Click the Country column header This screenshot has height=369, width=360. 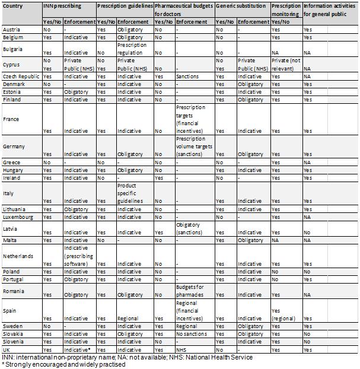pos(14,5)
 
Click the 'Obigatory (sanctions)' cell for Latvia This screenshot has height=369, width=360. pos(189,229)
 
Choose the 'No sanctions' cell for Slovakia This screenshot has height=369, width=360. pos(191,333)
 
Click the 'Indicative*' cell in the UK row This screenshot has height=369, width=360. pos(77,349)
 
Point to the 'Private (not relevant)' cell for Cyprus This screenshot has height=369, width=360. pos(286,64)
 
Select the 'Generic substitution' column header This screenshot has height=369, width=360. pos(241,5)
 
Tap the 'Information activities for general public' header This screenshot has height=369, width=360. pos(329,9)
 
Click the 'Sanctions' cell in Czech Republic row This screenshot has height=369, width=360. pos(187,77)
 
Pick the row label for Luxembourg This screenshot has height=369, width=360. pos(18,217)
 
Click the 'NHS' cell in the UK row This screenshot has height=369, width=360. pos(181,349)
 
